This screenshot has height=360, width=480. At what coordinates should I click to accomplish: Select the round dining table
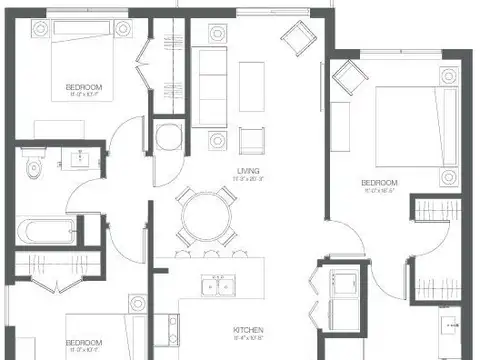tap(207, 213)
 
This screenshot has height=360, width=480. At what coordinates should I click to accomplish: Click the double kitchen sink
tap(218, 286)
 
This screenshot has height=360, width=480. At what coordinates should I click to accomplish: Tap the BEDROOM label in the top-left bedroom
tap(84, 87)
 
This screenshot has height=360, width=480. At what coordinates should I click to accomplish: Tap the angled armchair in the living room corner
tap(298, 40)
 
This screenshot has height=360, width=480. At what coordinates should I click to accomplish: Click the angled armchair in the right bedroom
tap(348, 75)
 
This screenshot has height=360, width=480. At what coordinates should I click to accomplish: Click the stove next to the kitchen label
tap(173, 331)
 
